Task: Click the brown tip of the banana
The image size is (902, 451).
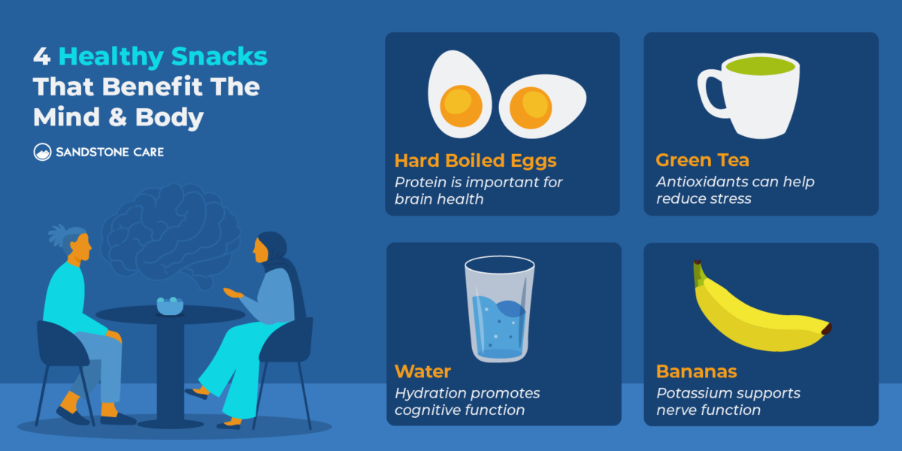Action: click(827, 329)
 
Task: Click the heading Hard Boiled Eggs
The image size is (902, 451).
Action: click(475, 161)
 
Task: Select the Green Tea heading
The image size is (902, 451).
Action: click(702, 161)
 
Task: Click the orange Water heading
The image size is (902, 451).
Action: click(422, 371)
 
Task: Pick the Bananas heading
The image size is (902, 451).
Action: click(696, 371)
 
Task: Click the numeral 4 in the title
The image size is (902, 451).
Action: click(42, 56)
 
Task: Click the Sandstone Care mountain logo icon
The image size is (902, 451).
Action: click(42, 152)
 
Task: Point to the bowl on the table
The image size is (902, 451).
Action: click(170, 305)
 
